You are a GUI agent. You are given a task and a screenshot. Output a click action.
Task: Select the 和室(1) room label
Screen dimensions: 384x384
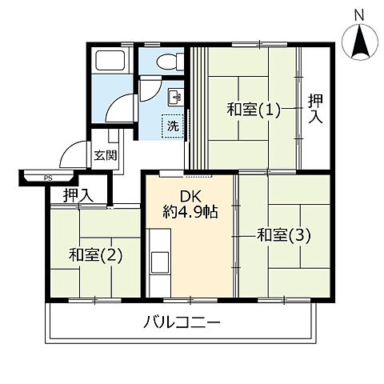(x=254, y=110)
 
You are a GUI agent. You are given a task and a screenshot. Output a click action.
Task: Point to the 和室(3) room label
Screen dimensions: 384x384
(x=284, y=235)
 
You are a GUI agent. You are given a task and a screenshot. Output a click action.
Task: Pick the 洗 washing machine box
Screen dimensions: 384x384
(x=172, y=125)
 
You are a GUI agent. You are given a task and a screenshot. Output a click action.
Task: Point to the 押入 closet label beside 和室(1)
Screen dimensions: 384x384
(x=315, y=110)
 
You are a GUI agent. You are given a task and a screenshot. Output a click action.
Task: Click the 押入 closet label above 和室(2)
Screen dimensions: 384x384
(x=78, y=194)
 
